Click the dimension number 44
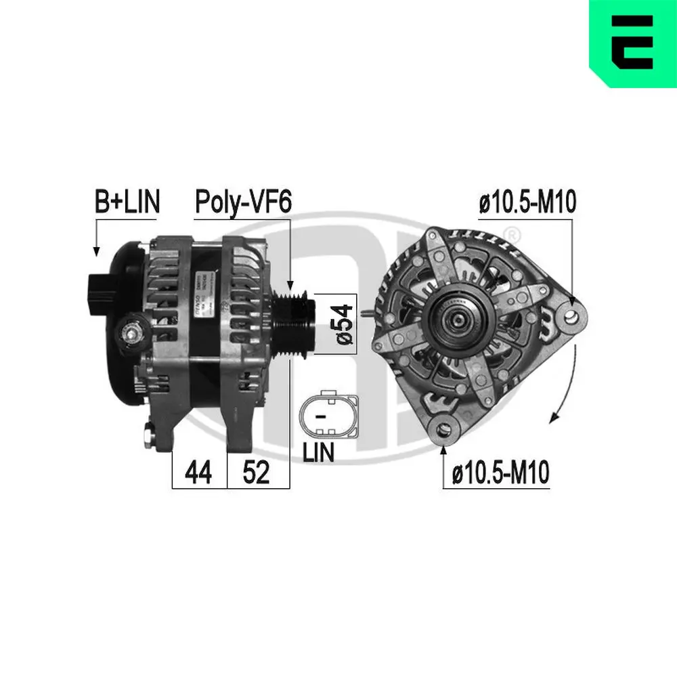pos(199,473)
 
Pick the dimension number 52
pos(256,473)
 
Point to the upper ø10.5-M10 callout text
pos(527,202)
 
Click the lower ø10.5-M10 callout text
pos(501,473)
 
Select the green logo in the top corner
pos(632,43)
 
